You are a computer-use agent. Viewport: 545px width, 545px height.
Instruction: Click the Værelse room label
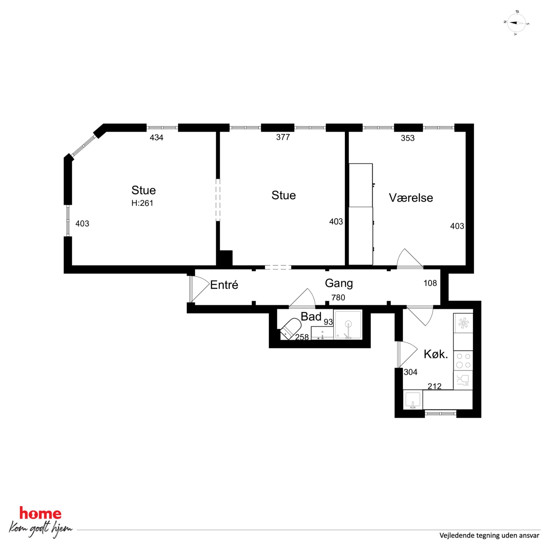tap(411, 198)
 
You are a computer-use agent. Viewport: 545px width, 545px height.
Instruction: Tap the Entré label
tap(224, 285)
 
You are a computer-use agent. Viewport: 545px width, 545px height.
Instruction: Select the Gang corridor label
tap(339, 283)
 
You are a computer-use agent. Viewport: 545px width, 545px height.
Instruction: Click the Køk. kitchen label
tap(436, 354)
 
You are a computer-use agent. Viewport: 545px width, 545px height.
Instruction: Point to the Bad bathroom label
tap(311, 316)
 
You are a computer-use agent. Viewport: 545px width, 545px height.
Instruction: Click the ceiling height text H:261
tap(142, 203)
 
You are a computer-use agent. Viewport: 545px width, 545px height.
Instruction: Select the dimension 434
tap(157, 137)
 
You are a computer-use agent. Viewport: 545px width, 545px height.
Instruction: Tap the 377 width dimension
tap(283, 137)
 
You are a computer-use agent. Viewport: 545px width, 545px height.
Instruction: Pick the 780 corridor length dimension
tap(338, 297)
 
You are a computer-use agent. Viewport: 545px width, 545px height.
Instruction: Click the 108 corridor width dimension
tap(430, 283)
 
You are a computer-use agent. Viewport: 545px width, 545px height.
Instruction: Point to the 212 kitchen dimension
tap(434, 386)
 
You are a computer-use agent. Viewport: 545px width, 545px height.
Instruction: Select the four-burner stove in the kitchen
tap(463, 360)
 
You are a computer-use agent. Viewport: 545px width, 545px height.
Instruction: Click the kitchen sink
tap(413, 400)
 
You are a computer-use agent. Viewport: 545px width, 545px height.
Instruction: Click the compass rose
tap(516, 23)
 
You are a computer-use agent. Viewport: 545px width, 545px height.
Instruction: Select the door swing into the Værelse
tap(410, 258)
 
